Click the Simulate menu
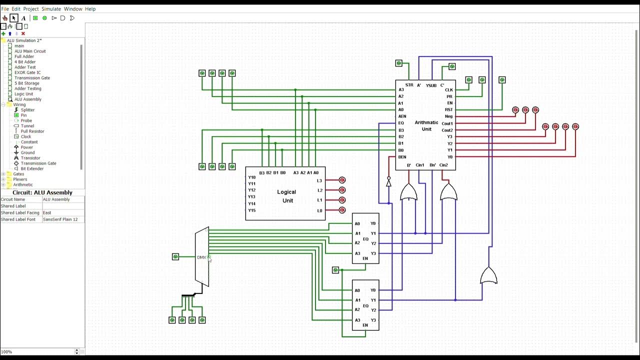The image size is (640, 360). tap(51, 9)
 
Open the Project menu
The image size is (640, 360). tap(30, 9)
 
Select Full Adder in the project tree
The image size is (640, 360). tap(24, 56)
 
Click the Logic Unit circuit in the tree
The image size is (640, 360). tap(23, 94)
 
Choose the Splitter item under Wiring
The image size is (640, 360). tap(27, 110)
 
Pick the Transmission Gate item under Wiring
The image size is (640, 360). tap(38, 163)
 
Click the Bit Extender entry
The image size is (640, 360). tap(32, 169)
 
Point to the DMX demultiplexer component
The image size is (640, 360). tap(202, 257)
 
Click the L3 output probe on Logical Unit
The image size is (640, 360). tap(342, 180)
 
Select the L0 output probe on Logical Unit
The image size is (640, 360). tap(342, 210)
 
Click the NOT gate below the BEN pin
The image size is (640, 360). tap(388, 183)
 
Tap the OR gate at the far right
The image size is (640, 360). tap(488, 276)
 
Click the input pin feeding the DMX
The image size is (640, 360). tap(175, 257)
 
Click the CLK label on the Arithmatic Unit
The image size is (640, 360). tap(448, 90)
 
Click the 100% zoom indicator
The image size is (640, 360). tap(6, 352)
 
